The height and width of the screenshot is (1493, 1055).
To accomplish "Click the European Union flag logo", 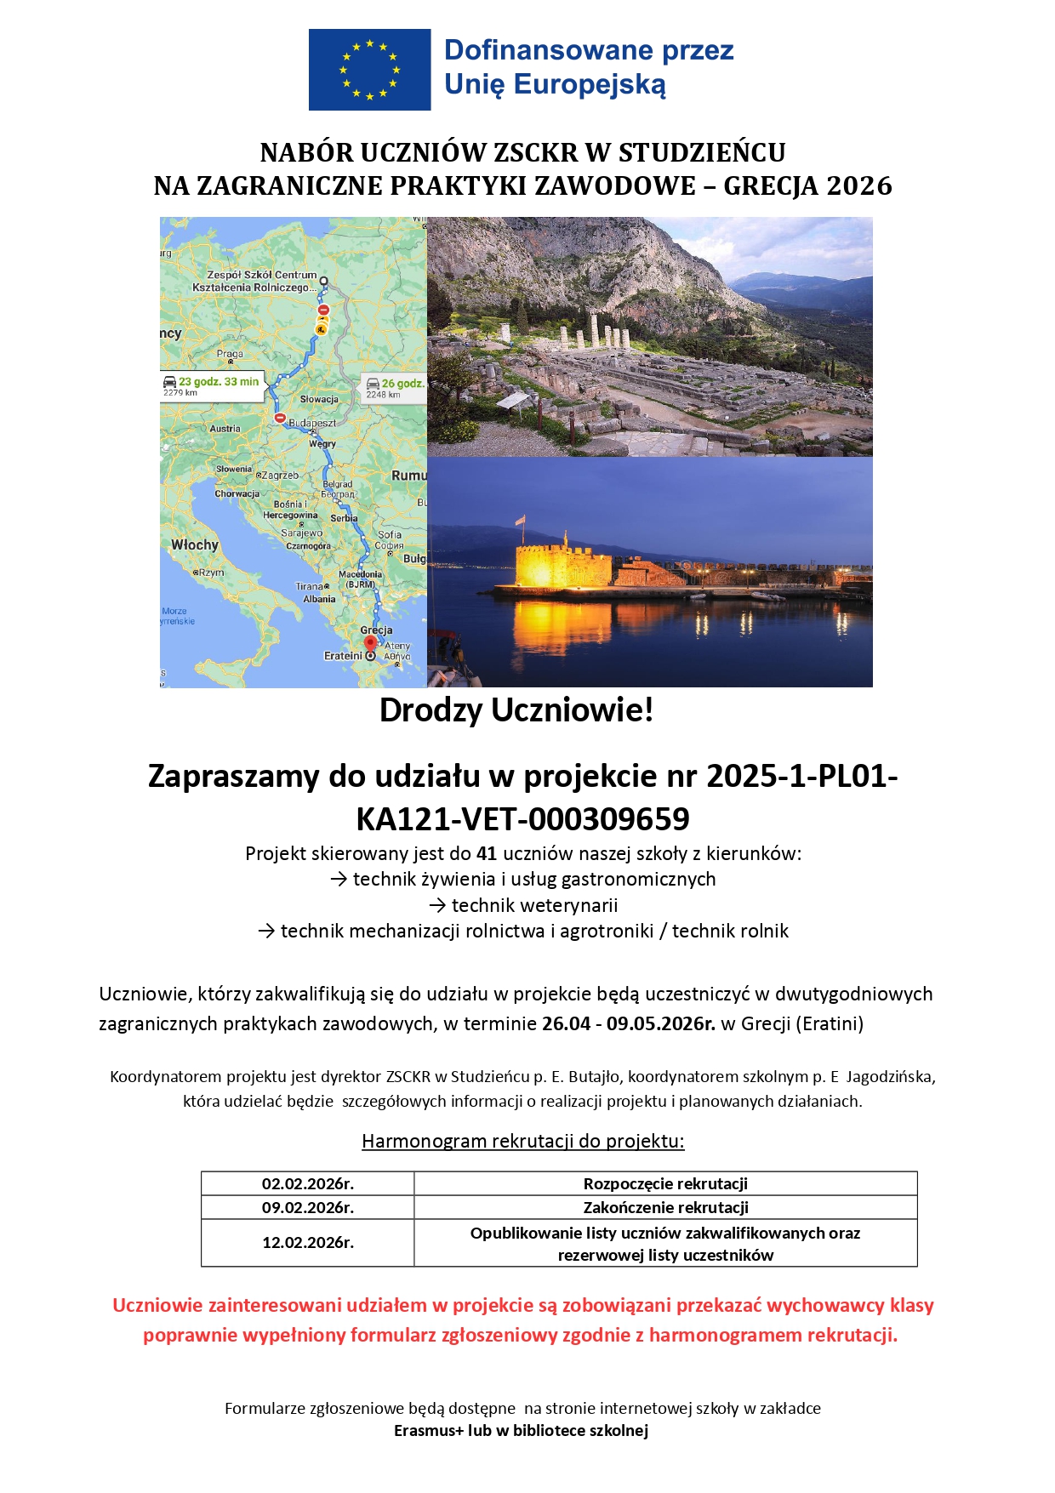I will pyautogui.click(x=369, y=70).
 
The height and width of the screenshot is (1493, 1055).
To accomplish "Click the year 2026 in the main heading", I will pyautogui.click(x=859, y=185).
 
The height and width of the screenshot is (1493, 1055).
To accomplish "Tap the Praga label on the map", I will pyautogui.click(x=230, y=353).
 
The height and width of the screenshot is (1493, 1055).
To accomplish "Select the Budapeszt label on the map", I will pyautogui.click(x=312, y=423).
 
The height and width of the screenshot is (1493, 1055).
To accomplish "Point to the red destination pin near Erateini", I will pyautogui.click(x=369, y=644).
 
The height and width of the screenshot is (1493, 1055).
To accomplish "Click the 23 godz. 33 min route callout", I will pyautogui.click(x=212, y=385).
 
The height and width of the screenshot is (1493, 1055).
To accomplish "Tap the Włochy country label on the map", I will pyautogui.click(x=195, y=544).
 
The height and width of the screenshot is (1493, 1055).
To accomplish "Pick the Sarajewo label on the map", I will pyautogui.click(x=301, y=533).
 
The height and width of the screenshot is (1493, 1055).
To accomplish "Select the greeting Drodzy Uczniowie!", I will pyautogui.click(x=516, y=710).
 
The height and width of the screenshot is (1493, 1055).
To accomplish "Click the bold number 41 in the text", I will pyautogui.click(x=487, y=853).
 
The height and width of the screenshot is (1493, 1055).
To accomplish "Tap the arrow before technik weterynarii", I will pyautogui.click(x=437, y=905).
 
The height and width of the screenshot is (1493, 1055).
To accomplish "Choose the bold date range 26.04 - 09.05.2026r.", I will pyautogui.click(x=628, y=1023).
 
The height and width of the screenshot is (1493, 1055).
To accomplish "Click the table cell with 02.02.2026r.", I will pyautogui.click(x=308, y=1183).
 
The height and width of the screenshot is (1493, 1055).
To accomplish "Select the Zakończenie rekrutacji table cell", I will pyautogui.click(x=665, y=1207).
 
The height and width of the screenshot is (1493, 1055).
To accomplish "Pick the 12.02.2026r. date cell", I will pyautogui.click(x=308, y=1243).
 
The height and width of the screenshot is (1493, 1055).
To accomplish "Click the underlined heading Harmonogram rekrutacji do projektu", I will pyautogui.click(x=522, y=1141).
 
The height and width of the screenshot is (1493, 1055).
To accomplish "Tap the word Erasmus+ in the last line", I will pyautogui.click(x=429, y=1430).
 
